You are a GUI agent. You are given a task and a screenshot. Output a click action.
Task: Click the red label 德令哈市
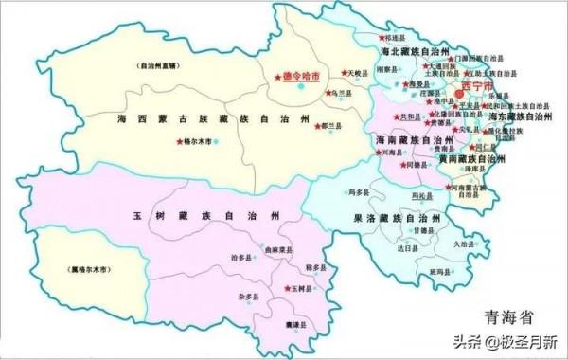(301, 72)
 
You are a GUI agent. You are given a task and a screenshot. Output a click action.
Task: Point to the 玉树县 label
(301, 288)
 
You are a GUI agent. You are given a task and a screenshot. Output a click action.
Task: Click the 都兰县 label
(330, 125)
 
